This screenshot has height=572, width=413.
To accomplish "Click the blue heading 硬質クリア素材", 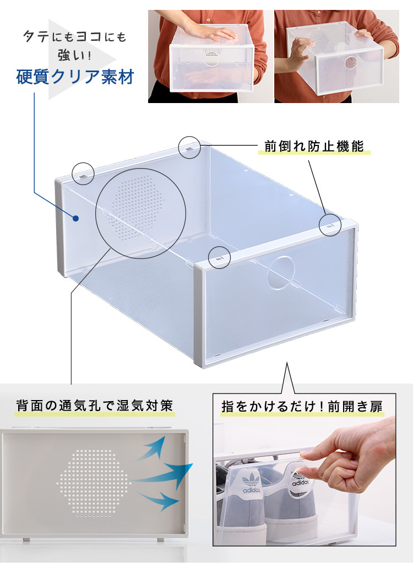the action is pyautogui.click(x=75, y=77).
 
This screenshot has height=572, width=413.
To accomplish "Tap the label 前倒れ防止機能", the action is pyautogui.click(x=314, y=146).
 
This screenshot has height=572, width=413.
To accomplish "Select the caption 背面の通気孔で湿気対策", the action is pyautogui.click(x=94, y=406).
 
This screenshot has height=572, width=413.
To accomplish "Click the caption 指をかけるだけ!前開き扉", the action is pyautogui.click(x=302, y=406).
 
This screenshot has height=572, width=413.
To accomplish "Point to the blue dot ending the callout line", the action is pyautogui.click(x=76, y=219).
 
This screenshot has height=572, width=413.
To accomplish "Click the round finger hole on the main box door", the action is pyautogui.click(x=281, y=273).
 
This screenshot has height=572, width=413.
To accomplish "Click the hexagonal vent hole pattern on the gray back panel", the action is pyautogui.click(x=93, y=483).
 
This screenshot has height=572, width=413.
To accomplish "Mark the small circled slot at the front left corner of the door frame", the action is pyautogui.click(x=219, y=258).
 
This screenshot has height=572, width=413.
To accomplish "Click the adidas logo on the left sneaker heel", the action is pyautogui.click(x=251, y=483).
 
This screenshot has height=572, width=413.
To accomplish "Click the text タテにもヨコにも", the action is pyautogui.click(x=75, y=36).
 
